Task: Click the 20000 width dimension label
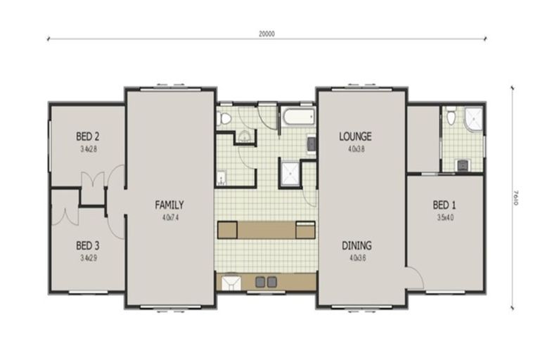point(266,33)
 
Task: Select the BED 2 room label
point(89,136)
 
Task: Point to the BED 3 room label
point(89,245)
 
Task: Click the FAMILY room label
point(169,205)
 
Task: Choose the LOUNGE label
point(355,136)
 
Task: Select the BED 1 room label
point(444,205)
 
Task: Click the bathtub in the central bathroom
point(299,117)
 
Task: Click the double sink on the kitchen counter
point(265,282)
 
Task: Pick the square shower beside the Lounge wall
point(290,173)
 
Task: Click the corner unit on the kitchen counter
point(231,282)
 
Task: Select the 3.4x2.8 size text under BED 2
point(89,149)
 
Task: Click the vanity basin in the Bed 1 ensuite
point(463,165)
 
